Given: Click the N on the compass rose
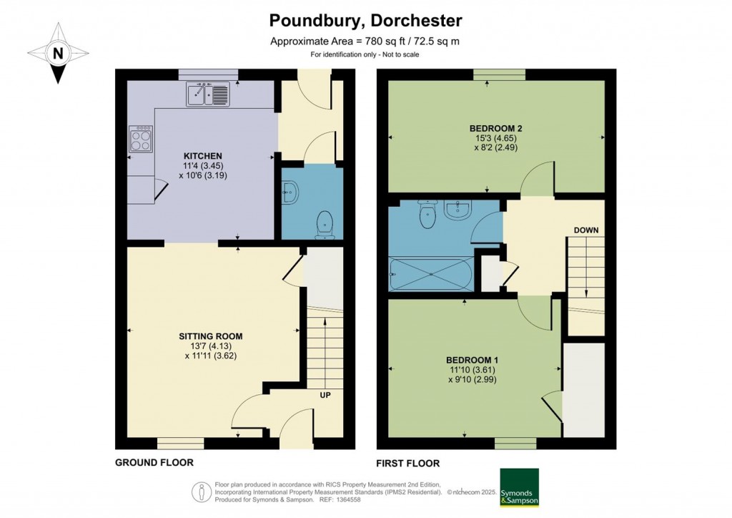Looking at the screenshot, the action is point(58,53).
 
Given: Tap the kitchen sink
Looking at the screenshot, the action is point(208,94).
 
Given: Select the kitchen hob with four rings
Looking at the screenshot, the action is point(141,139).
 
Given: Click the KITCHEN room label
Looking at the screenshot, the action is point(202,156).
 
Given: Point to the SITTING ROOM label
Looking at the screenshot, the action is point(211,336).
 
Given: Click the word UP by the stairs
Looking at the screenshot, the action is point(325,395).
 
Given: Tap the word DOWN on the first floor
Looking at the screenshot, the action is point(586,230).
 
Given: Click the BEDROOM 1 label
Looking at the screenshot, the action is point(472,360).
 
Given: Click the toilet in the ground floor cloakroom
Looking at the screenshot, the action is point(325,225).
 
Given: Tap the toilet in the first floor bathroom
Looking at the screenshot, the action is point(427,214).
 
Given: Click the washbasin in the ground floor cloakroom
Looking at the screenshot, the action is point(290,192).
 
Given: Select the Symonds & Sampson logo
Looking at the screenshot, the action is point(519,487).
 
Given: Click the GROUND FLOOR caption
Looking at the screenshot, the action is point(154,462).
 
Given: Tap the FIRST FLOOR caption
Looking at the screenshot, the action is point(408,464).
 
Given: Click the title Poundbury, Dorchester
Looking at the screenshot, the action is point(365,21).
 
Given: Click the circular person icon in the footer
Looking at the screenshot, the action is point(202,492).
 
